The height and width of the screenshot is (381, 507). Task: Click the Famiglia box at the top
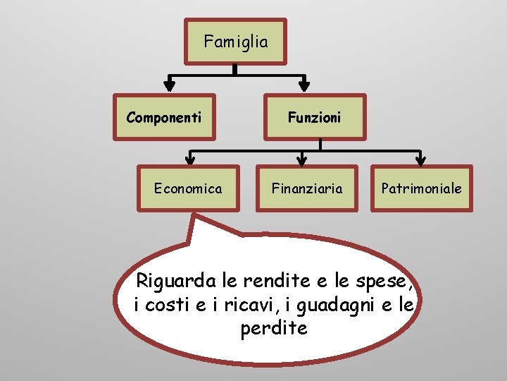[236, 42]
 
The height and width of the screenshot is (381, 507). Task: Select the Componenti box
[164, 117]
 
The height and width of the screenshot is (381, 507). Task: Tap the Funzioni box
[314, 117]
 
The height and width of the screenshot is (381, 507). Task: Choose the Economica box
[188, 188]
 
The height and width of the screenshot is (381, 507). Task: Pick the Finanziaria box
[308, 188]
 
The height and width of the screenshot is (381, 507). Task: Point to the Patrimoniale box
[421, 188]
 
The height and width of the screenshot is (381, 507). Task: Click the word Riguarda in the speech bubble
[176, 282]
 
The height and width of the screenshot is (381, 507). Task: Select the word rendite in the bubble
[277, 282]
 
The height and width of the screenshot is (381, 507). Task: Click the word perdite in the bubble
[274, 329]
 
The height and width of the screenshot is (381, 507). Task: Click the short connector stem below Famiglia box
[235, 69]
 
